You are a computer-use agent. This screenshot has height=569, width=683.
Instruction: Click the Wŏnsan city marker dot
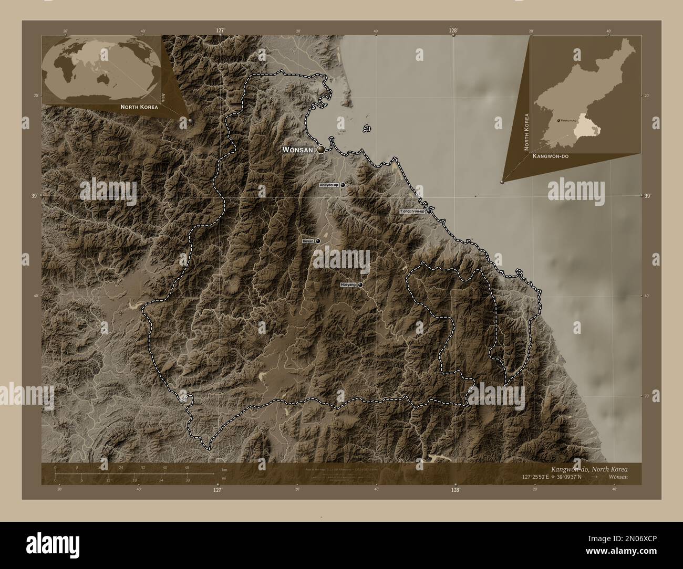point(320,150)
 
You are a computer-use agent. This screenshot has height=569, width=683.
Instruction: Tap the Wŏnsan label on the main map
point(298,150)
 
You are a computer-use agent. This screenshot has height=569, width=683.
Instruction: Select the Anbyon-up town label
point(329,185)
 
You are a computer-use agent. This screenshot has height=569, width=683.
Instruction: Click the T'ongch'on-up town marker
point(429,211)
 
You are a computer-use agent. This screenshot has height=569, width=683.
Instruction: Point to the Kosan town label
point(308,241)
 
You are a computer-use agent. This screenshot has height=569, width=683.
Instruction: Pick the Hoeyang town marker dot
point(360,284)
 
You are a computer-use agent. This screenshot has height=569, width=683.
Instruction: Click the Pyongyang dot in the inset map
point(558,120)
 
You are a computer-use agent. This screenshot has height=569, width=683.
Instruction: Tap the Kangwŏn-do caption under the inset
point(551,156)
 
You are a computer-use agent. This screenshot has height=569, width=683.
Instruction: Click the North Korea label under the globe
point(139,107)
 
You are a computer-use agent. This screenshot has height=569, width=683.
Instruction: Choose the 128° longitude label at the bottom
point(455,490)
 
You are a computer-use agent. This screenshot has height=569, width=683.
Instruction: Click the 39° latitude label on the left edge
point(34,196)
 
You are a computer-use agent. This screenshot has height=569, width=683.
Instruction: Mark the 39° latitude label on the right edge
point(647,196)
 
